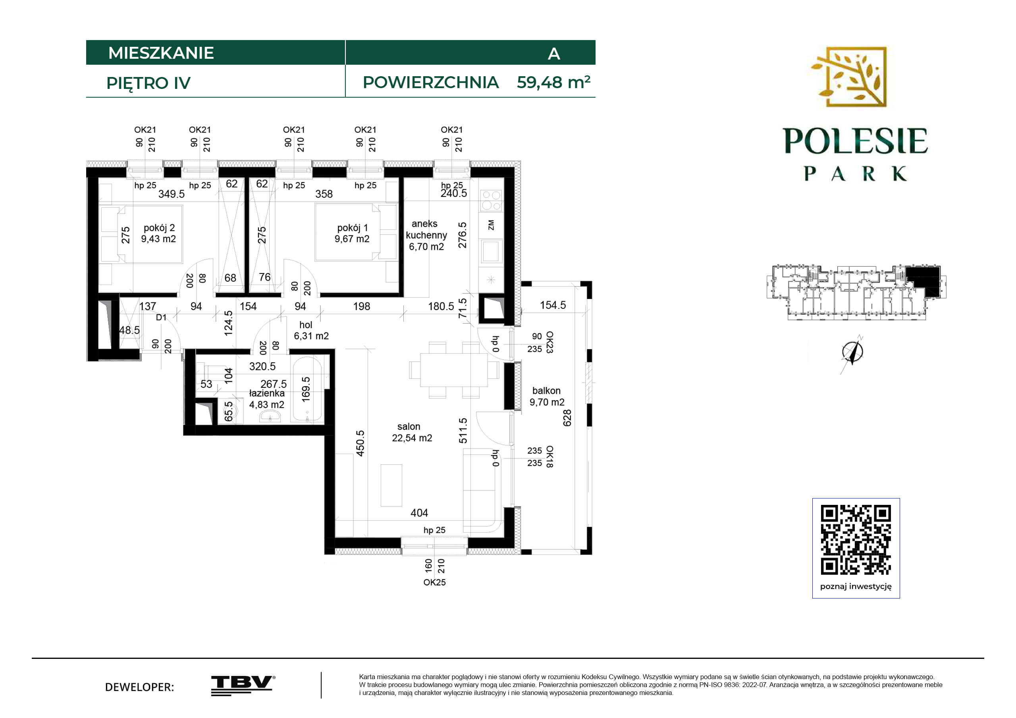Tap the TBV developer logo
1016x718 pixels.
tap(243, 685)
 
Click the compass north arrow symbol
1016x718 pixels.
tap(853, 353)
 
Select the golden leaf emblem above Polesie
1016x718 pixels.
tap(849, 77)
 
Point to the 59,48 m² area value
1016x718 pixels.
tap(553, 82)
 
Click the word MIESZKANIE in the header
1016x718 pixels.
tap(161, 53)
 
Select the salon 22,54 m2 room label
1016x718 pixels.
tap(412, 432)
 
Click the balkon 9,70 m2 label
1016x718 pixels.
tap(547, 397)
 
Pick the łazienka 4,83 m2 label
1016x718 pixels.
tap(267, 398)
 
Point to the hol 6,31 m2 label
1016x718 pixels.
tap(311, 331)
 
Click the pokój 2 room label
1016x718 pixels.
tap(158, 233)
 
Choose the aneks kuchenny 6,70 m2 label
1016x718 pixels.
tap(426, 235)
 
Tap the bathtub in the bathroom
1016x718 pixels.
tap(307, 389)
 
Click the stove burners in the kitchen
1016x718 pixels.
tap(491, 200)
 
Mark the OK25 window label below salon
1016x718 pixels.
tap(434, 583)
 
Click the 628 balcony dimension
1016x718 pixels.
tap(567, 418)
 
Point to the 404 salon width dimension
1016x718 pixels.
tap(419, 513)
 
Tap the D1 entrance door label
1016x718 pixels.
tap(161, 317)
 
